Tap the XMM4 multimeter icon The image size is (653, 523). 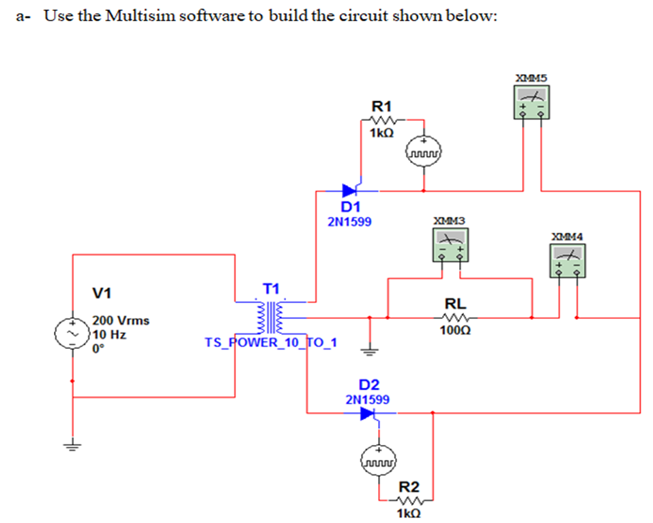coord(569,261)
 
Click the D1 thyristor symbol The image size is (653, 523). coord(352,190)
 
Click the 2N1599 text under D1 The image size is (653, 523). coord(349,221)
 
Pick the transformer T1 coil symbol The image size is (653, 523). coord(271,315)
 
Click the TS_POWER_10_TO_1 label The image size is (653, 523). coord(271,342)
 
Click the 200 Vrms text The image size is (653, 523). coord(121,320)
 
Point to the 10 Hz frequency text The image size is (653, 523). coord(108,334)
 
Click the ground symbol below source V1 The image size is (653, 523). coord(72,447)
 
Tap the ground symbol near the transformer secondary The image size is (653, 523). coord(370,351)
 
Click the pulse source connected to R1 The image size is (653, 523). coord(424,151)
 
